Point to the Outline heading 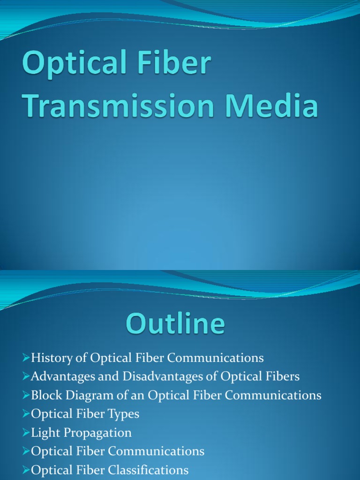coord(175,325)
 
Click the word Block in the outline coord(44,395)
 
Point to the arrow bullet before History coord(26,359)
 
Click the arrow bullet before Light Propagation coord(26,433)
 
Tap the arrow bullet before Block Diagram coord(26,395)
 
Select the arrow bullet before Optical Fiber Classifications coord(26,470)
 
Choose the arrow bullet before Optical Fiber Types coord(26,414)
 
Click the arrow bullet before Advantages coord(26,376)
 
